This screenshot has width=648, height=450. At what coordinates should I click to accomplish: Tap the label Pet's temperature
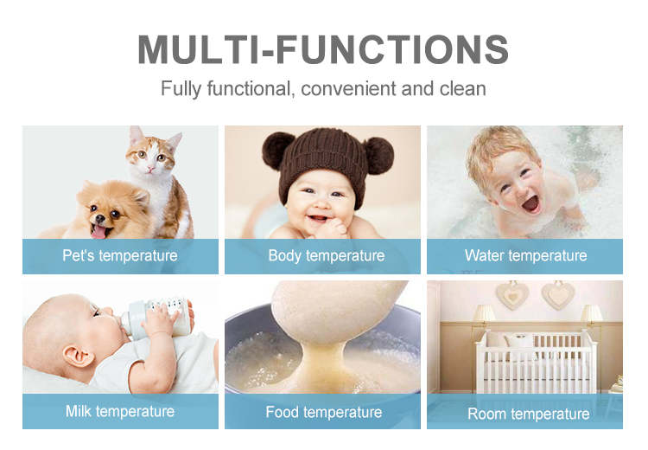pyautogui.click(x=120, y=255)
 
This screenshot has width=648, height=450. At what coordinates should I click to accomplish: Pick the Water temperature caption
pyautogui.click(x=525, y=255)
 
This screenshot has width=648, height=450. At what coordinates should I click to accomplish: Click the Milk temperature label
pyautogui.click(x=120, y=411)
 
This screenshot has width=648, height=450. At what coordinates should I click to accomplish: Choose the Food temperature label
pyautogui.click(x=323, y=412)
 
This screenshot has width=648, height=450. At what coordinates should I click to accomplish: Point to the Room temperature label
pyautogui.click(x=528, y=414)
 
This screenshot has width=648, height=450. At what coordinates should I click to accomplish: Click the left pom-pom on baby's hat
pyautogui.click(x=276, y=147)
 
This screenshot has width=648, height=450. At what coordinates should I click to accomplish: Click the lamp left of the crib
pyautogui.click(x=485, y=315)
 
